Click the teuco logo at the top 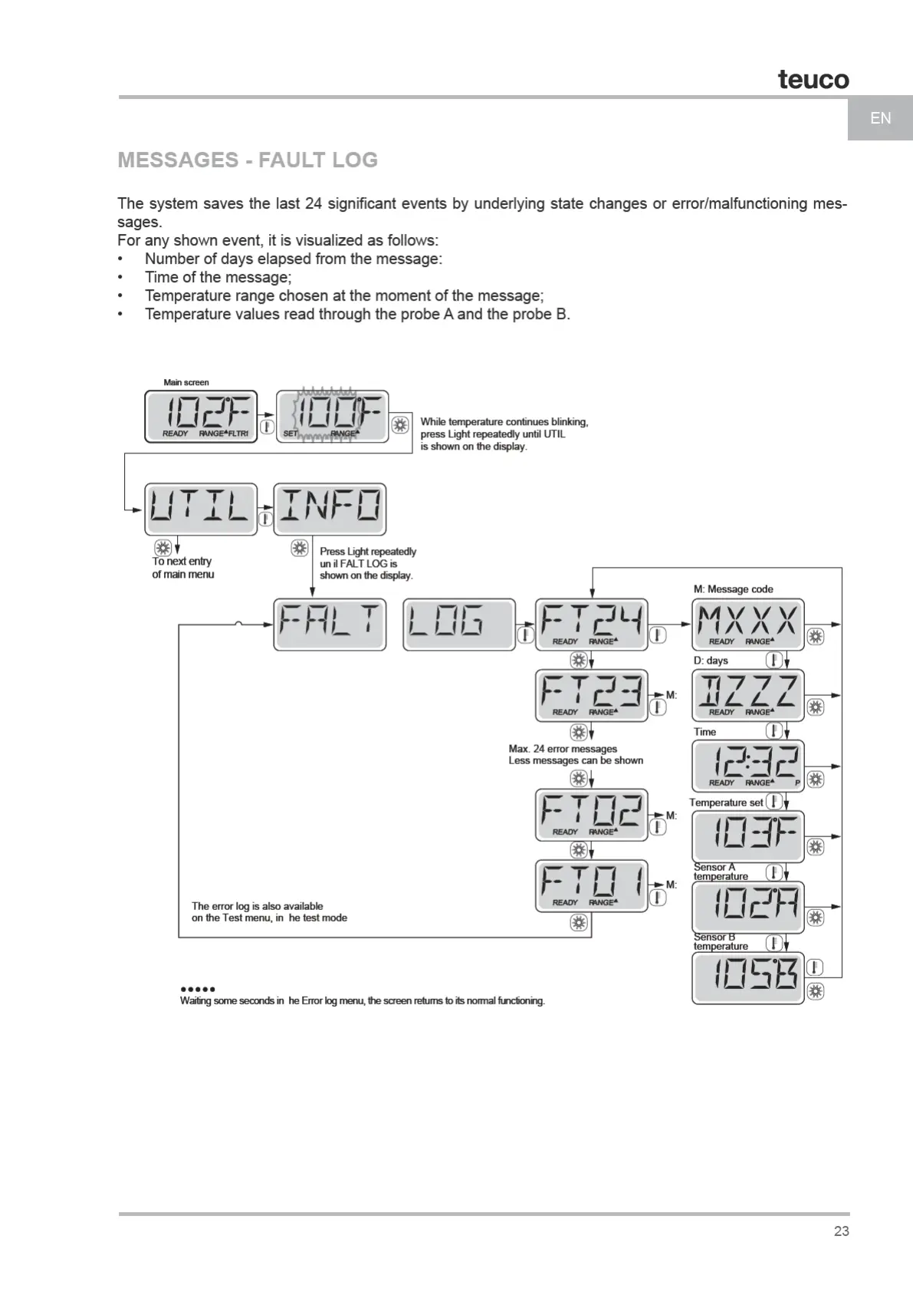point(813,79)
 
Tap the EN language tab point(880,118)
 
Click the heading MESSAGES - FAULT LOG point(248,160)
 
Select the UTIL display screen point(201,509)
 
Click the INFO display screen point(330,509)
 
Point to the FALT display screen point(330,624)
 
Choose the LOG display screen point(458,624)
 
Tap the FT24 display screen point(591,624)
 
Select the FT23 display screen point(591,695)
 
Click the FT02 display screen point(591,814)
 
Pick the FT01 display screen point(591,885)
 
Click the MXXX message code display point(748,624)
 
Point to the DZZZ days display point(748,695)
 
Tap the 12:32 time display point(748,766)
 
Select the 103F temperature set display point(748,836)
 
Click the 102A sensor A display point(748,907)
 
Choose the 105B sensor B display point(748,977)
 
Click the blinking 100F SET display point(332,417)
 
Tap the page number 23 point(841,1231)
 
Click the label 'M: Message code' point(733,589)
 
